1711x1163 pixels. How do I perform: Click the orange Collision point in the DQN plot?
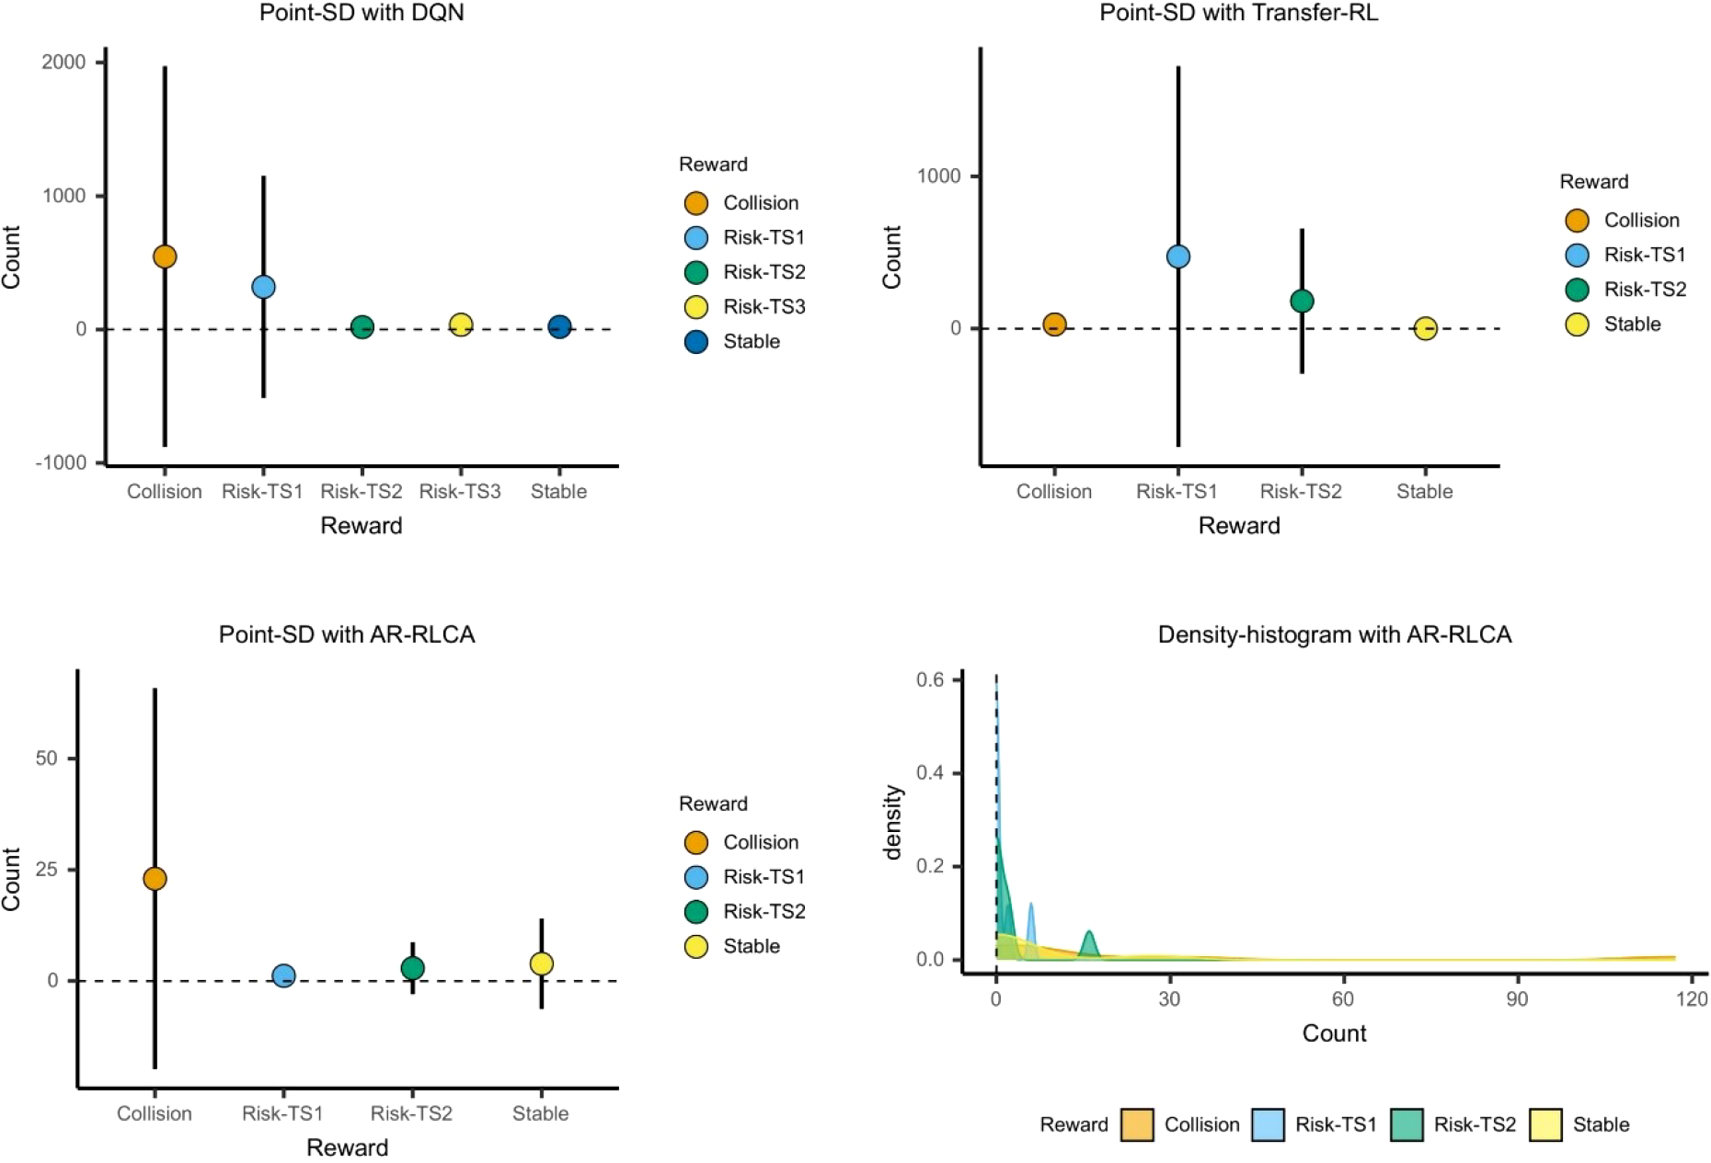coord(165,257)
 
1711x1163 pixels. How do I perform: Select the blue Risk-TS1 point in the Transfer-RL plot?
coord(1177,257)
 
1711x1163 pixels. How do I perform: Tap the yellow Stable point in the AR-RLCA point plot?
coord(541,963)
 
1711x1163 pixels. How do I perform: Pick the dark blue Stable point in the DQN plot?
coord(559,326)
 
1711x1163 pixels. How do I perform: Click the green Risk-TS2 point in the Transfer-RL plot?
coord(1302,301)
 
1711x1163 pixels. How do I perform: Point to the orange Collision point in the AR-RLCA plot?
coord(155,879)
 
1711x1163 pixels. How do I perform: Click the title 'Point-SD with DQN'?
coord(362,13)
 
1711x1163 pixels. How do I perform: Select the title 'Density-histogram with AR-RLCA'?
coord(1334,634)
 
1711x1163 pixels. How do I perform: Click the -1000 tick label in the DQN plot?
coord(61,462)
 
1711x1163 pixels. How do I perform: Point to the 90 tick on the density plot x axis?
coord(1517,999)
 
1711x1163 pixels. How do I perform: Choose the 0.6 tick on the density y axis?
coord(930,679)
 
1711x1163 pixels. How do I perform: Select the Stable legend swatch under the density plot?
coord(1545,1124)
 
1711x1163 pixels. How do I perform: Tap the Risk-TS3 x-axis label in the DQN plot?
coord(460,491)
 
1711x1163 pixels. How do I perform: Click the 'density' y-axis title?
coord(891,821)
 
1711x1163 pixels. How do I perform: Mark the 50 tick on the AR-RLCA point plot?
coord(47,758)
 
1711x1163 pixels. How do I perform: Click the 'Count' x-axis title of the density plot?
coord(1334,1033)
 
